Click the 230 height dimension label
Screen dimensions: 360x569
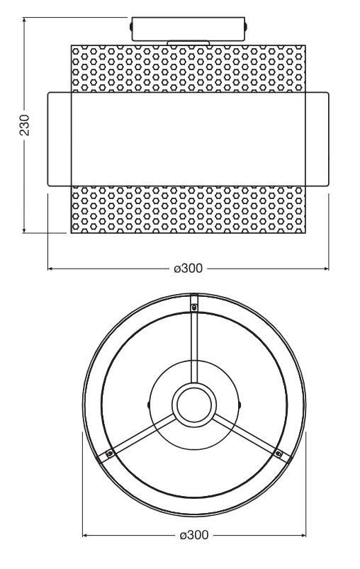(x=25, y=125)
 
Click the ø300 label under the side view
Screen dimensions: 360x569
(x=188, y=269)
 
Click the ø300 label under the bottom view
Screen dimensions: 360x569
(x=194, y=535)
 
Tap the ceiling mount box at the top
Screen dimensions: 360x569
(x=188, y=28)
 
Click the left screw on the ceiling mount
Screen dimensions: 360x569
(x=130, y=26)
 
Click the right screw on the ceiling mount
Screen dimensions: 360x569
(x=246, y=26)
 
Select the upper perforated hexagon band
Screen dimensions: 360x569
(x=188, y=69)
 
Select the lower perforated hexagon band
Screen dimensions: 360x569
(x=188, y=209)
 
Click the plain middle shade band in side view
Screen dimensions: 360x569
(x=188, y=140)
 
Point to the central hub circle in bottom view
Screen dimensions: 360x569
(x=194, y=405)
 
